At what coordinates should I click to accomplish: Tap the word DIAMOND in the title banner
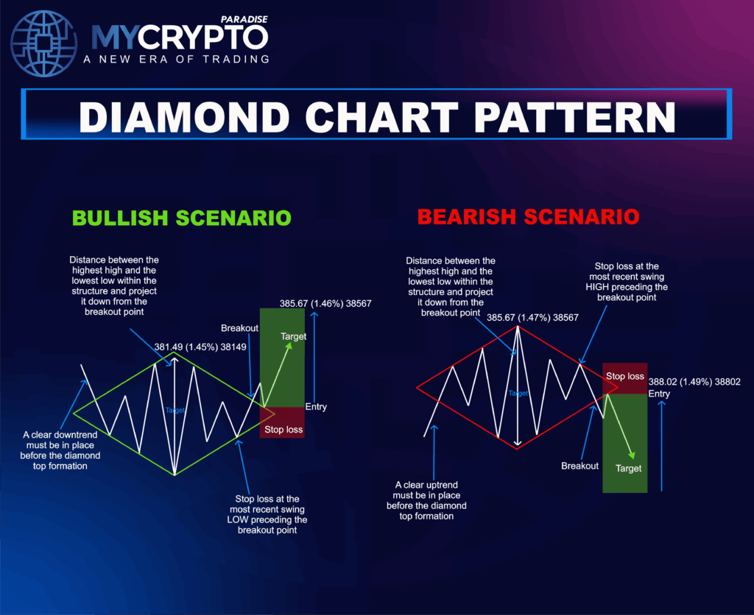click(206, 118)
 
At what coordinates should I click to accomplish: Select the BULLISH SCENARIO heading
click(181, 218)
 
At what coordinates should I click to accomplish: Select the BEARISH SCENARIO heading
click(528, 218)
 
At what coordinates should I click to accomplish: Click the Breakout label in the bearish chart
click(579, 466)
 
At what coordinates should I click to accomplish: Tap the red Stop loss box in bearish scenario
click(624, 377)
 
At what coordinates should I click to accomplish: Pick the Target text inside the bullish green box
click(293, 335)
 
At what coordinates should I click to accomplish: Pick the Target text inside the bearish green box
click(628, 468)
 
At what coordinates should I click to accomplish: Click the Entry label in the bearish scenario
click(659, 394)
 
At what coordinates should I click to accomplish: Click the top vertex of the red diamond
click(518, 326)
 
